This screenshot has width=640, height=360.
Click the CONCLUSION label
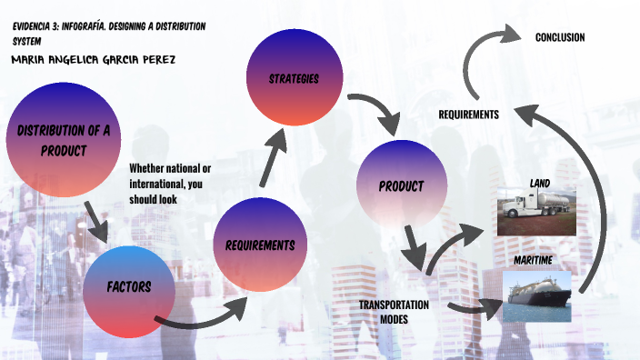coord(559,37)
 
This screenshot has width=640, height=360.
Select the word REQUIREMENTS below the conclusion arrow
coord(468,115)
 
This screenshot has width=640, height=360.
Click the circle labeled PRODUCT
coord(402,186)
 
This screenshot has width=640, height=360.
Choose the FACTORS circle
coord(128,288)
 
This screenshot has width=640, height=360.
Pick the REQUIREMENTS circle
coord(259,245)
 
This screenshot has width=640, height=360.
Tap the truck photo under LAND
coord(537,211)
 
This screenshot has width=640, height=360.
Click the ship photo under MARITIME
coord(537,295)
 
